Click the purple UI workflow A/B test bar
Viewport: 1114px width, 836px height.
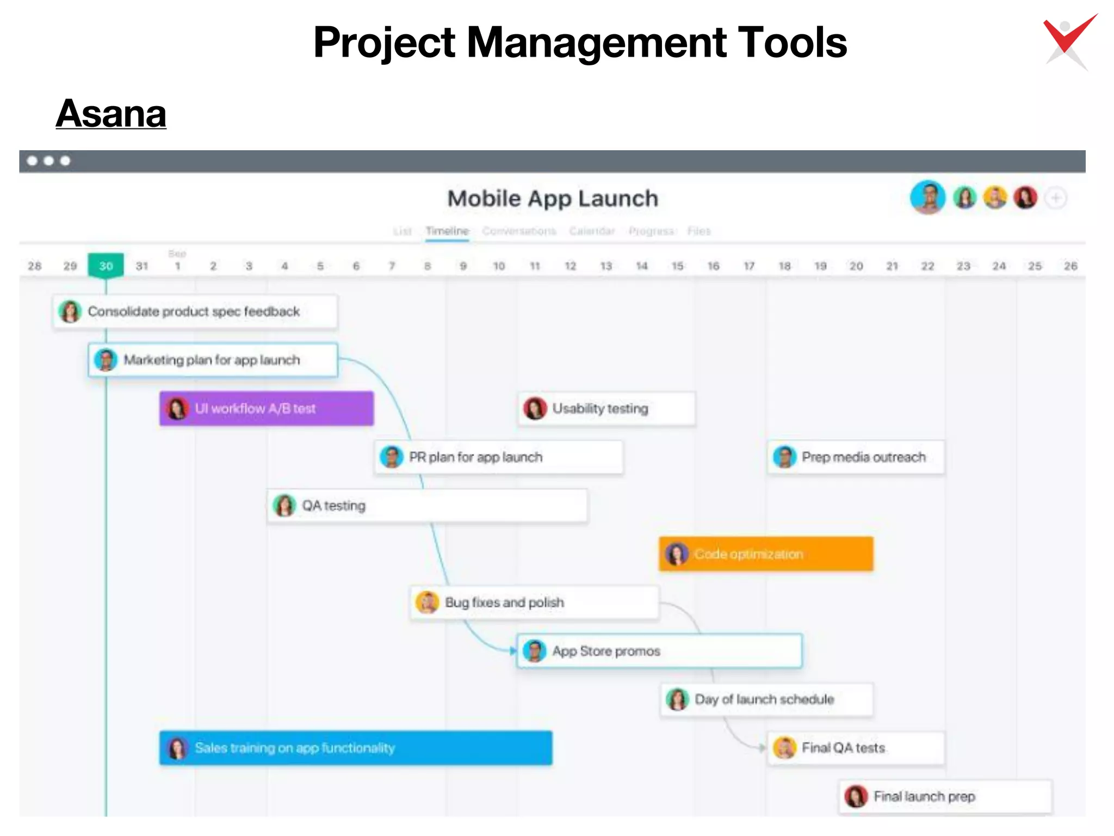pos(267,408)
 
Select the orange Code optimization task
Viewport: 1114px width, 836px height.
pos(766,554)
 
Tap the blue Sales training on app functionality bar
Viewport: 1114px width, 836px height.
pos(356,748)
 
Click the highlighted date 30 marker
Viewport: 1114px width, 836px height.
pos(106,266)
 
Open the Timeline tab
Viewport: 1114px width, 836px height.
pos(447,231)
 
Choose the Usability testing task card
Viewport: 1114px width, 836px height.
pos(606,408)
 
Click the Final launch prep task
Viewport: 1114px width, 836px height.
pos(945,796)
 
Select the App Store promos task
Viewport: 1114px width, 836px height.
pos(659,651)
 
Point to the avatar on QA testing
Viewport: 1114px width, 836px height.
pos(284,506)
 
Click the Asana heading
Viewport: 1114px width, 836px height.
pos(111,114)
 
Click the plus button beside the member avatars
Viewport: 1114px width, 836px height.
pos(1056,198)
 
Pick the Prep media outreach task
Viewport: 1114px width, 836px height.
pos(856,457)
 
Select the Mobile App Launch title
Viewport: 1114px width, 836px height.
pos(553,199)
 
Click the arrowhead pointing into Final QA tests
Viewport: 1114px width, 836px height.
pos(762,748)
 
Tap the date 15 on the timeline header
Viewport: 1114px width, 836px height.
pos(677,266)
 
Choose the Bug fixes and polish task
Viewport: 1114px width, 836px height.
pos(534,603)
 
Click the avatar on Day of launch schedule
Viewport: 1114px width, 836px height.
pos(677,699)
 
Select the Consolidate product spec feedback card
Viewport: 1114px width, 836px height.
pos(195,311)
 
